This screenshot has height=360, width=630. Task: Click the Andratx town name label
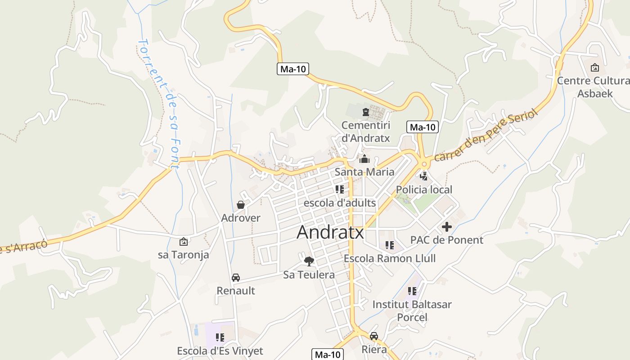(330, 232)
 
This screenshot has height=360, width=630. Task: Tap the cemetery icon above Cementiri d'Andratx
(365, 112)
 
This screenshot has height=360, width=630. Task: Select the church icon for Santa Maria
(364, 159)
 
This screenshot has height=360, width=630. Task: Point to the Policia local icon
(424, 176)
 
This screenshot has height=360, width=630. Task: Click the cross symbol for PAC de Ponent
(446, 227)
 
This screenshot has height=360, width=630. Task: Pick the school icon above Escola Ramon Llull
(390, 245)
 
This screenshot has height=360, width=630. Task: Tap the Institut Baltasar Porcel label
(412, 310)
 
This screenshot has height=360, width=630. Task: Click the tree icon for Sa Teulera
(309, 261)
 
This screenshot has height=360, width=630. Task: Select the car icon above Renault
(236, 277)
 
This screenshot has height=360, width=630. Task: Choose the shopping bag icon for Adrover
(241, 205)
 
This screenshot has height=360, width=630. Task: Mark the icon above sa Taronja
(183, 242)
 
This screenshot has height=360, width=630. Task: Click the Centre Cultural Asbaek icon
(595, 67)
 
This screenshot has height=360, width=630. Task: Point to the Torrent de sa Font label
(159, 103)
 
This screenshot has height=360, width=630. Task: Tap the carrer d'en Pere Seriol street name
(486, 135)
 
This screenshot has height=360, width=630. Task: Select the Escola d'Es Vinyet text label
(220, 351)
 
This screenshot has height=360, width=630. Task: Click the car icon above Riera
(374, 336)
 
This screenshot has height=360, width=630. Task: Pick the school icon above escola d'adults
(339, 189)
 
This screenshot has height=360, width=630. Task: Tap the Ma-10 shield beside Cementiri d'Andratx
(423, 127)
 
